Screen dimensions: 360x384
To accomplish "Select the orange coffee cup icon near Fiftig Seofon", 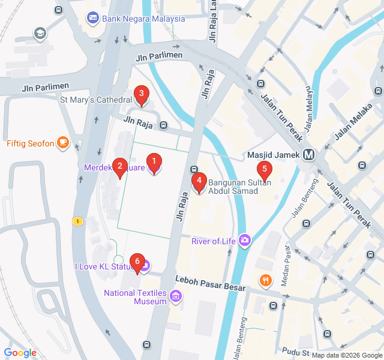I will click(63, 143).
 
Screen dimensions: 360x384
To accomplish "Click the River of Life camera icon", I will click(244, 241).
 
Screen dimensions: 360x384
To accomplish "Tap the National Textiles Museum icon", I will click(175, 295).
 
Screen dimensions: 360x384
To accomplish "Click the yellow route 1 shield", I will click(77, 221).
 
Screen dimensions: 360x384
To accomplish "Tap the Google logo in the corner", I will click(20, 353).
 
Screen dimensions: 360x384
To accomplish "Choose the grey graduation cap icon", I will click(40, 33).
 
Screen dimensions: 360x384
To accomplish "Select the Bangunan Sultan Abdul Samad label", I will click(233, 186).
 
